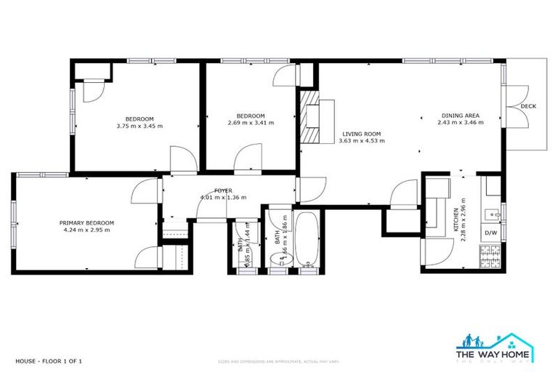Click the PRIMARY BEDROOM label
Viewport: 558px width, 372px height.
click(86, 223)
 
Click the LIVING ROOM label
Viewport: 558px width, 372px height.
click(361, 134)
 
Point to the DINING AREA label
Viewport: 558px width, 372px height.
click(460, 116)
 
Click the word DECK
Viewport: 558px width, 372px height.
click(528, 107)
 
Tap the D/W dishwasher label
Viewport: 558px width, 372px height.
click(490, 233)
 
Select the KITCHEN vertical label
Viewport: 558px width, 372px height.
click(456, 218)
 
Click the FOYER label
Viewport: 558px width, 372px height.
click(223, 190)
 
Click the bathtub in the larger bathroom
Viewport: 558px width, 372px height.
click(307, 240)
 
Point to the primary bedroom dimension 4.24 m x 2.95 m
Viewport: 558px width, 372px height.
click(86, 230)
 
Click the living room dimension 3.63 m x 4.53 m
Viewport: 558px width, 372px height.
click(361, 141)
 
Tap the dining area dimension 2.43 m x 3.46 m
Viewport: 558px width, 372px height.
click(460, 123)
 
